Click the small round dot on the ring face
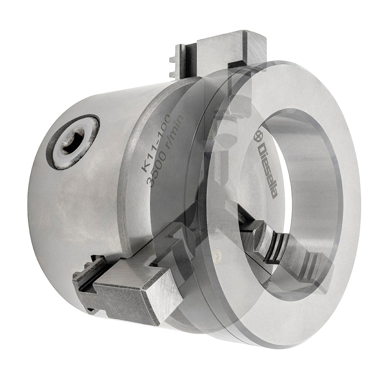tap(216, 255)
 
